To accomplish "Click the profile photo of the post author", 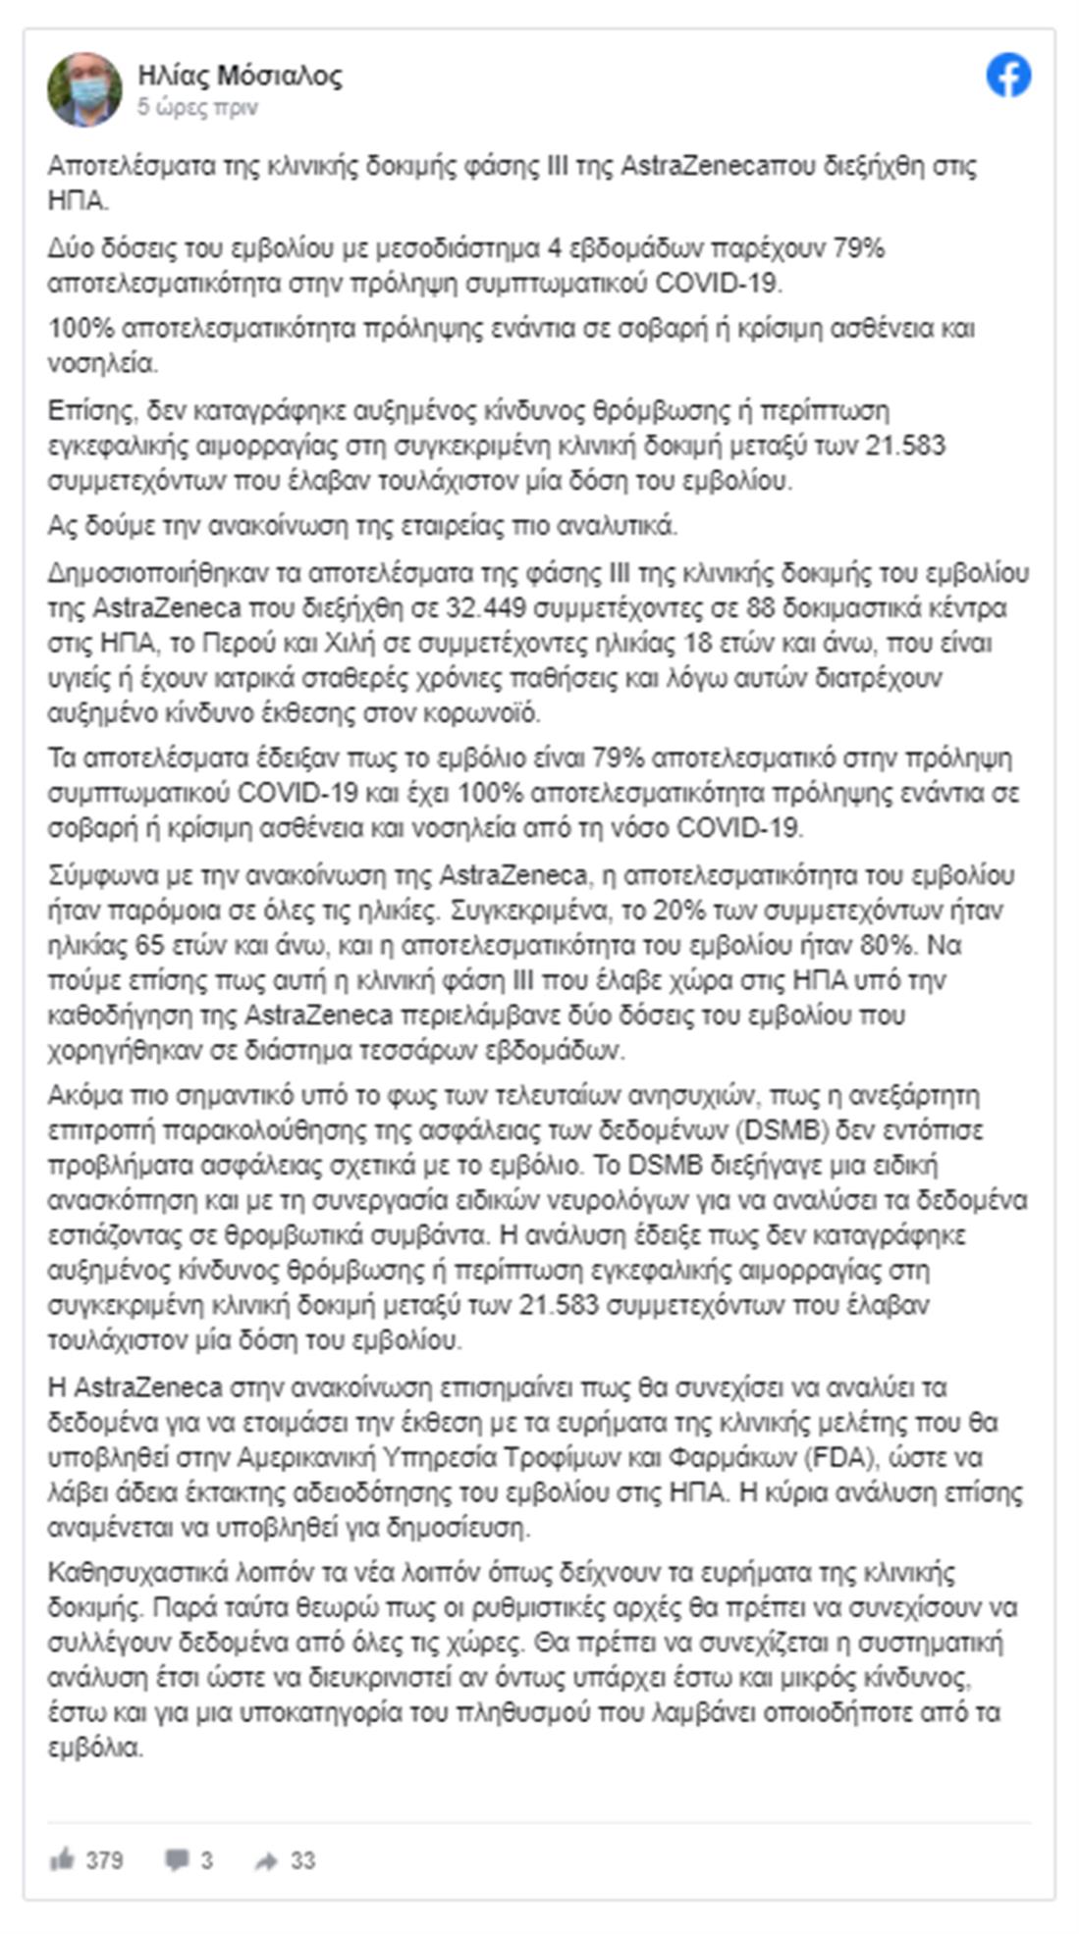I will click(x=84, y=90).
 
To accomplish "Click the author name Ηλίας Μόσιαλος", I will click(x=240, y=76).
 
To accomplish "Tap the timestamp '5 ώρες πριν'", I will click(x=197, y=108).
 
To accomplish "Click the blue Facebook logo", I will click(x=1008, y=77).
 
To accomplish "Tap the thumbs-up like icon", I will click(x=62, y=1858).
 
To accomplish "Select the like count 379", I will click(x=104, y=1859).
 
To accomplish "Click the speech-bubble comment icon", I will click(x=177, y=1858).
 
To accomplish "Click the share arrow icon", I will click(x=266, y=1859).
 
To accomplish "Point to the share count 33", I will click(x=302, y=1859).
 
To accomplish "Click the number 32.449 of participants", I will click(x=486, y=607).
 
